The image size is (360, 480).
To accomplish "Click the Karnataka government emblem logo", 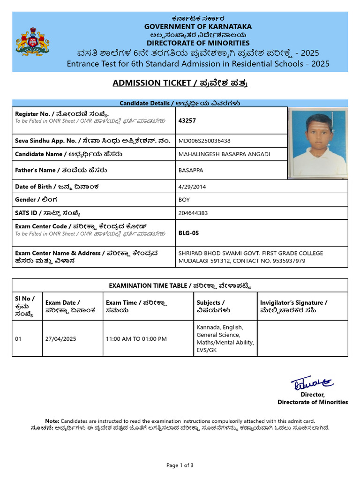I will [32, 42].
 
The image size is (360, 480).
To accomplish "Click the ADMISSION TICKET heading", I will [180, 83].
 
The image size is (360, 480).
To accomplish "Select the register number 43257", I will [187, 120].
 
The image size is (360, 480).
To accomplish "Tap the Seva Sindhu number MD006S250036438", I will [204, 141].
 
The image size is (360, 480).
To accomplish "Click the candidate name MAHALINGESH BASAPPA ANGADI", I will [224, 154].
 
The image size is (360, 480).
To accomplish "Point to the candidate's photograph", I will [317, 143].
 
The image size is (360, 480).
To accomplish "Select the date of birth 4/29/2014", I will [192, 187].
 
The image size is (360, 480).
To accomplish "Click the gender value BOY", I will [184, 200].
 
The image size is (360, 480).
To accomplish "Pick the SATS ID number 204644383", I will [193, 213].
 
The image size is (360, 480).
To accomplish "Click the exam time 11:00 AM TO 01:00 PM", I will [136, 338].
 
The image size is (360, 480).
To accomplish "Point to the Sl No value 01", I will [18, 338].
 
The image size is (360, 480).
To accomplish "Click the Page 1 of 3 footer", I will [180, 465].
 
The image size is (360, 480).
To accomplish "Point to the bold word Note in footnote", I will [52, 421].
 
